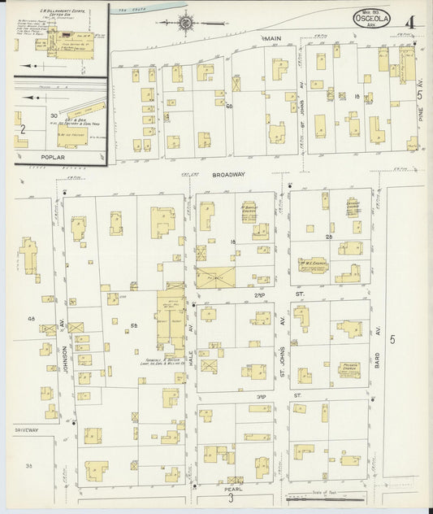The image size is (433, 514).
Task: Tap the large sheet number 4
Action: (411, 21)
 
